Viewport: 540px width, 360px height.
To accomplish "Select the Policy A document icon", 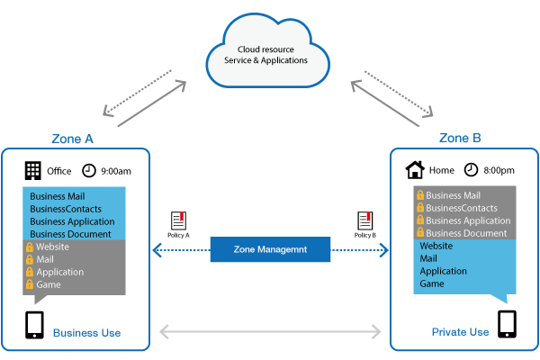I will pyautogui.click(x=177, y=220).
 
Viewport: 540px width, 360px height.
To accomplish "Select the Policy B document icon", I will pyautogui.click(x=364, y=220).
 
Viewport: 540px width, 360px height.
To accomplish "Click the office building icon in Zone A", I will pyautogui.click(x=33, y=170).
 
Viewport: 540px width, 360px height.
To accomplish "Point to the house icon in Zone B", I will pyautogui.click(x=415, y=169).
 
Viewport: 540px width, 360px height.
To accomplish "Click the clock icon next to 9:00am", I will pyautogui.click(x=89, y=170).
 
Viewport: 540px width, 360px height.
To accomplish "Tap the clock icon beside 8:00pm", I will pyautogui.click(x=471, y=169).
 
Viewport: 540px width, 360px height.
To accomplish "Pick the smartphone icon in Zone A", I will pyautogui.click(x=35, y=325).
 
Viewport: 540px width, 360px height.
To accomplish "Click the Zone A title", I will pyautogui.click(x=73, y=139).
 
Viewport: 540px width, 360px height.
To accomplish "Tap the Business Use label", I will pyautogui.click(x=86, y=333).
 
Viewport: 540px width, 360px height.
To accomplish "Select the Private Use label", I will pyautogui.click(x=459, y=332).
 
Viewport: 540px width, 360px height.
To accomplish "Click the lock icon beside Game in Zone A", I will pyautogui.click(x=30, y=284).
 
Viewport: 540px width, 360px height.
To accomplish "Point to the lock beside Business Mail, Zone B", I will pyautogui.click(x=418, y=195).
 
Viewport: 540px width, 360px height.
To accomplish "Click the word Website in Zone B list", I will pyautogui.click(x=436, y=246).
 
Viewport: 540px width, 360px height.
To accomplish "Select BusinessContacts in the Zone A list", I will pyautogui.click(x=67, y=208).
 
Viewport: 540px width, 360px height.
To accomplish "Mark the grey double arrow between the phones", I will pyautogui.click(x=270, y=332).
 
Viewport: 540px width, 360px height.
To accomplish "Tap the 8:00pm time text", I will pyautogui.click(x=498, y=170).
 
